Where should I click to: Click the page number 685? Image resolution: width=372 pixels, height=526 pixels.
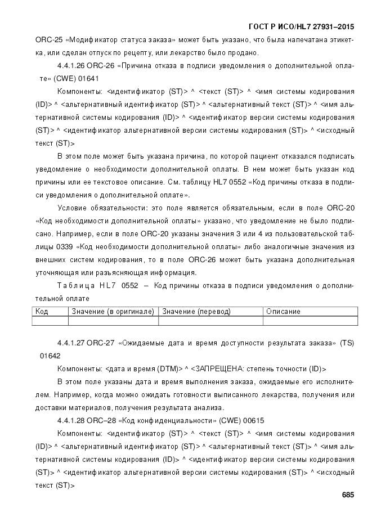coord(347,495)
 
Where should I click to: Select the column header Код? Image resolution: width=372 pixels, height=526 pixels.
coord(42,312)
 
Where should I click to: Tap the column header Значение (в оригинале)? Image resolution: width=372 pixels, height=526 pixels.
coord(113,312)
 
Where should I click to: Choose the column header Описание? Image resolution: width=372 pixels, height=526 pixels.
coord(283,312)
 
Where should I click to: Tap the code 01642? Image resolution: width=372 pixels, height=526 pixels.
coord(50,356)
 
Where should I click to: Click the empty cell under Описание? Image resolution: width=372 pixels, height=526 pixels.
coord(310,321)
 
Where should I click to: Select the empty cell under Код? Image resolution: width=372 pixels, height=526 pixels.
coord(51,321)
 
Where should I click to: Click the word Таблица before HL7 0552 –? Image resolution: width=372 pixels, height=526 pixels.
coord(76,286)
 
